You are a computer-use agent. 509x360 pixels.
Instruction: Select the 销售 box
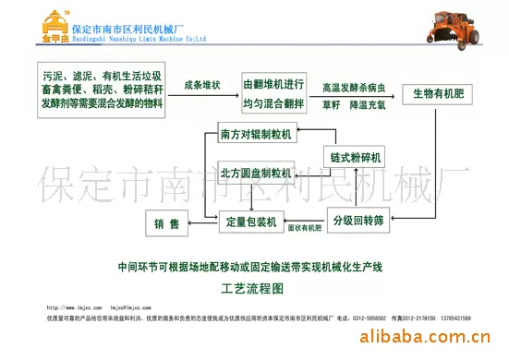pos(166,222)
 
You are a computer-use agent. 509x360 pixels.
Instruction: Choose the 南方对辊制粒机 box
pos(256,134)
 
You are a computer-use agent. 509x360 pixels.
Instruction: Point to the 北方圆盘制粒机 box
pos(256,173)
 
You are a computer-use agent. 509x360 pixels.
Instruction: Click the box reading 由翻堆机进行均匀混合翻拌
pos(273,93)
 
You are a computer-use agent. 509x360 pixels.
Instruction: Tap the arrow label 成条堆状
pos(201,85)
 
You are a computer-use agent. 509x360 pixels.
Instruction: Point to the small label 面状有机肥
pos(304,227)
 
